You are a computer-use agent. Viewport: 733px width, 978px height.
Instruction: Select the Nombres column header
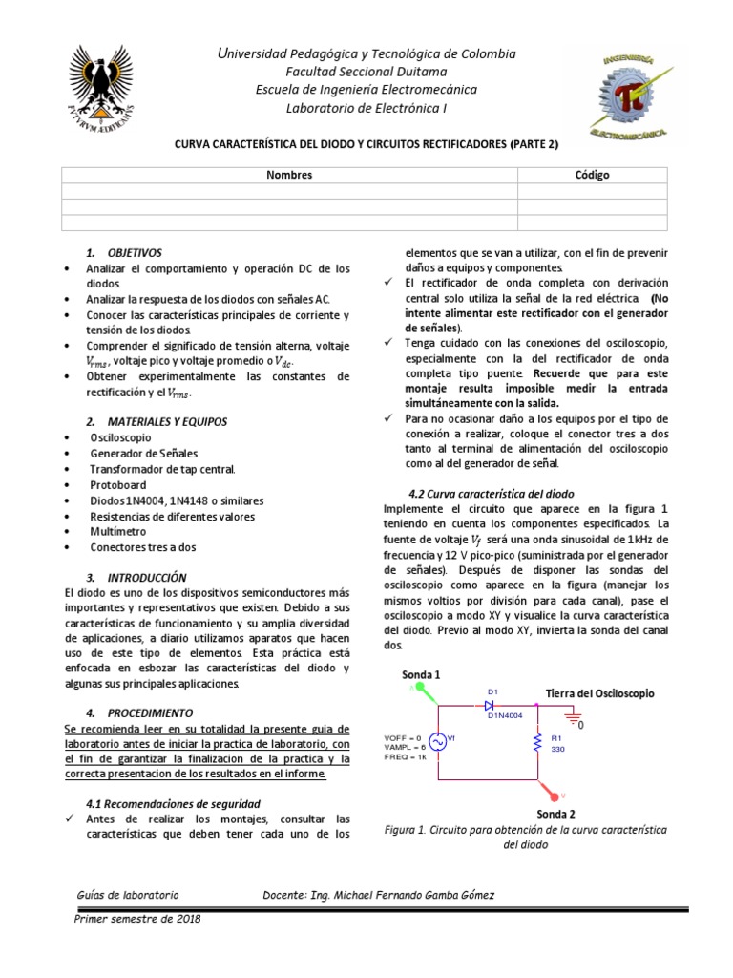coord(289,175)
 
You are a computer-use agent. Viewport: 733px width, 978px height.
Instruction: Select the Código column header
coord(592,175)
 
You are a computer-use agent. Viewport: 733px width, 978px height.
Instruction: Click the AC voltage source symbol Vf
coord(438,742)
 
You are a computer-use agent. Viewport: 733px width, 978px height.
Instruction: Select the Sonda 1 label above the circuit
coord(421,674)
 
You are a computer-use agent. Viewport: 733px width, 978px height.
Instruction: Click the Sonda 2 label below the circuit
coord(555,814)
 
